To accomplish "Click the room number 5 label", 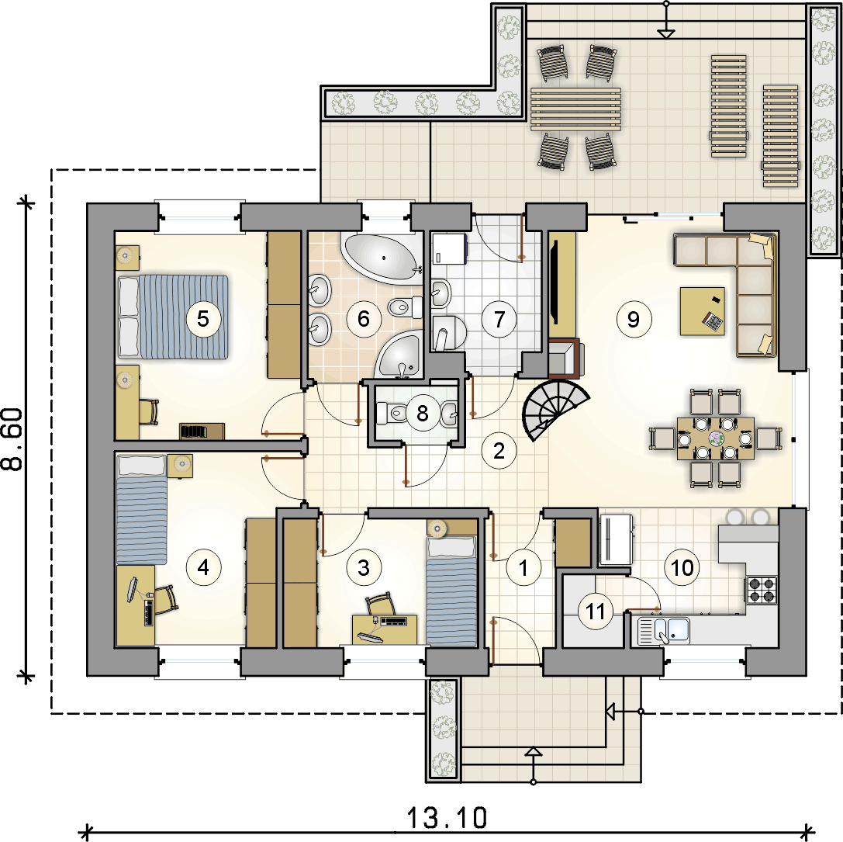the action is (202, 318).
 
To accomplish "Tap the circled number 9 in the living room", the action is (634, 320).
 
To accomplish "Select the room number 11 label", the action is (595, 612).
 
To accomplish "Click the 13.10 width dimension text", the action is (447, 818).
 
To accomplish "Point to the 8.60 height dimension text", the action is (13, 439).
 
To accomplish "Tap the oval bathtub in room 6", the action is (383, 258).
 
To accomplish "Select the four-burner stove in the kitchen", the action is (762, 589).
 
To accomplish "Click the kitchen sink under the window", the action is (663, 631).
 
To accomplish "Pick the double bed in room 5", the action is (173, 317).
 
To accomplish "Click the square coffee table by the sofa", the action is (702, 311).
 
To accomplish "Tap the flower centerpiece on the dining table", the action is (716, 438).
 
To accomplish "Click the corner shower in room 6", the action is (399, 355).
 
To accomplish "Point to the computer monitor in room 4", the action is (132, 590).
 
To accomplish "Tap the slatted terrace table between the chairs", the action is (575, 109).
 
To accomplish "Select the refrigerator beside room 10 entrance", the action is (616, 539).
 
